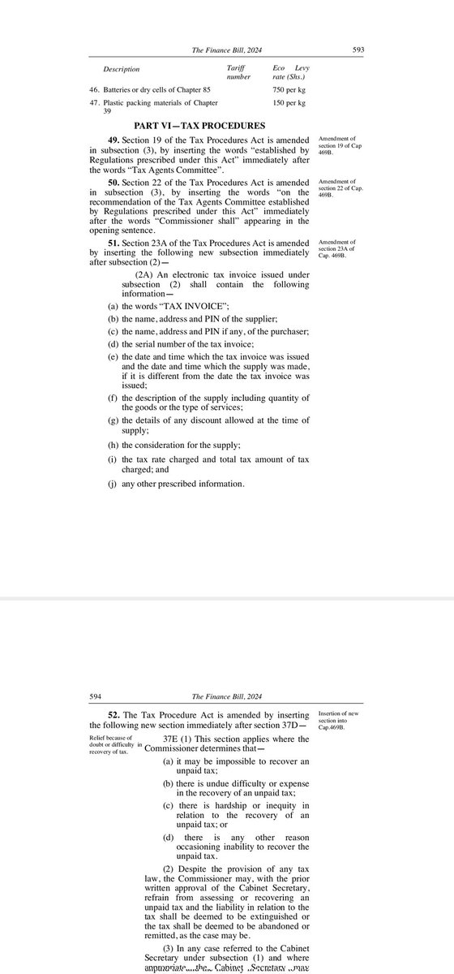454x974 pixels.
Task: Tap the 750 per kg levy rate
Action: [289, 89]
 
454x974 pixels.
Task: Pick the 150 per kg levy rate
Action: [289, 104]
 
